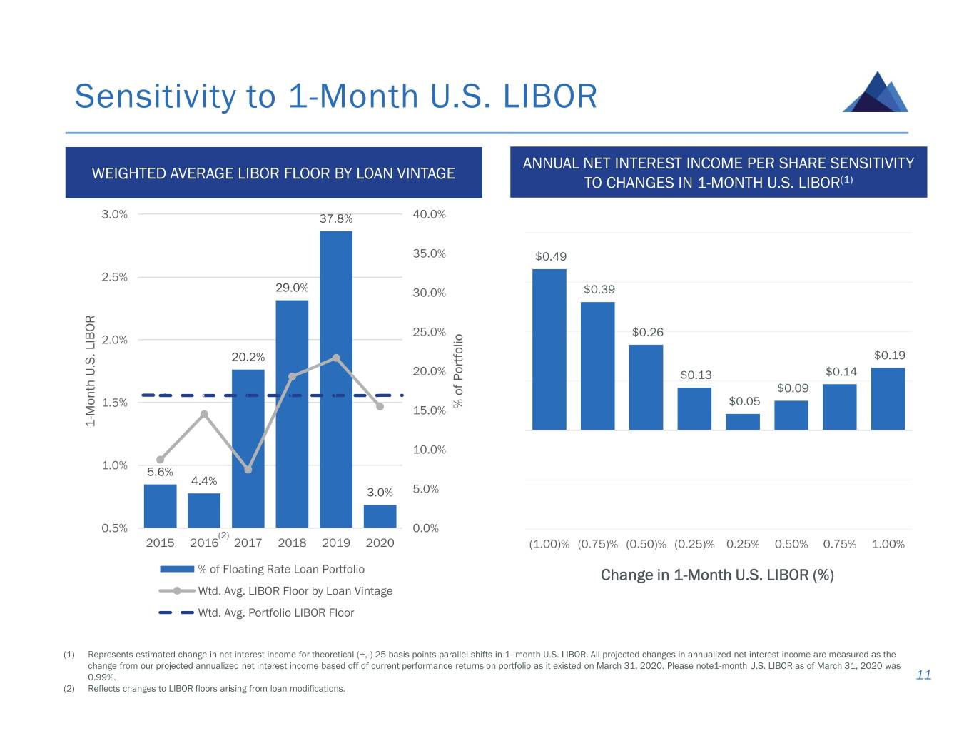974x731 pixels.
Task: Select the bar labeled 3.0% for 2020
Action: tap(380, 516)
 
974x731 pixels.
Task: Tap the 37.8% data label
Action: tap(335, 218)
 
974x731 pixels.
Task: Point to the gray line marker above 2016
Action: tap(204, 414)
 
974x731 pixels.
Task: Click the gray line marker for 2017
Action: tap(248, 470)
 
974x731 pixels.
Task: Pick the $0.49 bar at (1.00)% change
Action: tap(549, 350)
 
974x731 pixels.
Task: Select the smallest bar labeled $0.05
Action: tap(743, 422)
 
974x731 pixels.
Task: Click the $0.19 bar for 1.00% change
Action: tap(888, 399)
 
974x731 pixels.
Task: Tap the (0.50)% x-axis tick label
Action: tap(646, 544)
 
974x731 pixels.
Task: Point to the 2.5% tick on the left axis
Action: tap(115, 277)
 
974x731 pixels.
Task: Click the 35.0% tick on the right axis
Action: tap(429, 253)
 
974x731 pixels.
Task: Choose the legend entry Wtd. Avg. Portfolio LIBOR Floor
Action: tap(275, 612)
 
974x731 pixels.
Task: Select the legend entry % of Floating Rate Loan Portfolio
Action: tap(281, 569)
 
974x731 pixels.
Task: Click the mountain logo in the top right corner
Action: tap(876, 92)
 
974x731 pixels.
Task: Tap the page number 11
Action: tap(923, 675)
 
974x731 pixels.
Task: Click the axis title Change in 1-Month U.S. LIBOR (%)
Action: tap(717, 575)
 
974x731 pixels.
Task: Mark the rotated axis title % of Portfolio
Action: tap(458, 370)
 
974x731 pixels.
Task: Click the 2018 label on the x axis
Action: tap(292, 543)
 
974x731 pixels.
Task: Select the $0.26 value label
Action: tap(647, 332)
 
